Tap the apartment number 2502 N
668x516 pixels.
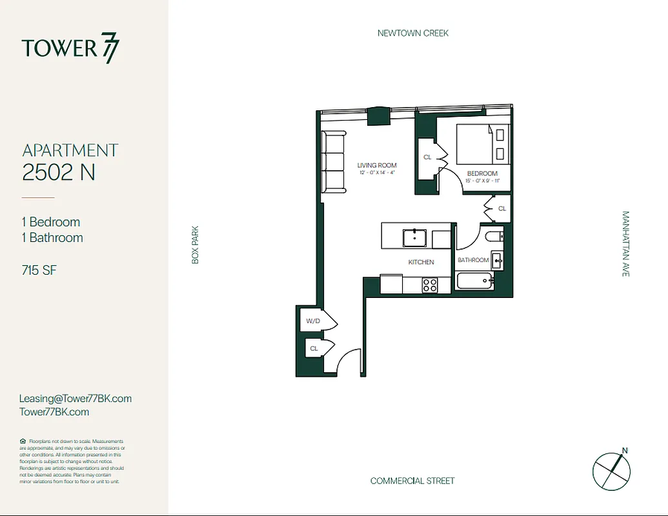[x=59, y=172]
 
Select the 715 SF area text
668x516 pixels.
[x=39, y=270]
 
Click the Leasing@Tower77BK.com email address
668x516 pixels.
[x=76, y=399]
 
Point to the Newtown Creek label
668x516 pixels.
[x=412, y=33]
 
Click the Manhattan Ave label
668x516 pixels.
[x=625, y=244]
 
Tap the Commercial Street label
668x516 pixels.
[x=412, y=481]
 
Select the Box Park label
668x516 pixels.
[x=195, y=244]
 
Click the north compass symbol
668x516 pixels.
[x=611, y=468]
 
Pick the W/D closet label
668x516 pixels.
[x=313, y=321]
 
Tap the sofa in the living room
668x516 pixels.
[x=334, y=161]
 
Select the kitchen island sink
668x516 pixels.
[x=413, y=237]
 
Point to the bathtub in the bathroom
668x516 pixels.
[x=474, y=281]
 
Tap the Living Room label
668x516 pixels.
[x=377, y=166]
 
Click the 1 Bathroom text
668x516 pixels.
[x=52, y=237]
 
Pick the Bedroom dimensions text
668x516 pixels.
[x=482, y=181]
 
